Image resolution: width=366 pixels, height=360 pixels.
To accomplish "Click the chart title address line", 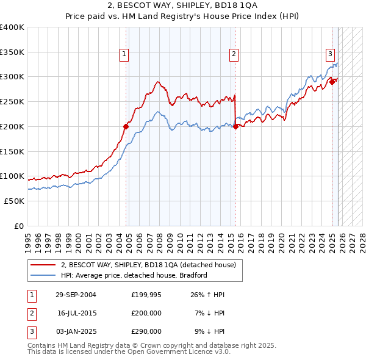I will (182, 7).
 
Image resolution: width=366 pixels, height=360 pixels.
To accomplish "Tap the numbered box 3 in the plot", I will (330, 54).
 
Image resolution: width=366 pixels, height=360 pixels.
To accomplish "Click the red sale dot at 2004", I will (126, 126).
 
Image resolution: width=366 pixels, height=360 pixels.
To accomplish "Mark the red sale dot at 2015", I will (235, 126).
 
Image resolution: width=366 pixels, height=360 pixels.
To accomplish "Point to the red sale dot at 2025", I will (332, 82).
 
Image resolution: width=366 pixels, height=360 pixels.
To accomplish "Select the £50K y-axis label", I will (15, 201).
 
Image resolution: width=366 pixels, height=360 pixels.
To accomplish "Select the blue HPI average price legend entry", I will (134, 275).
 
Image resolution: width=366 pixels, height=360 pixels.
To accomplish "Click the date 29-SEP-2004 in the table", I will (76, 295).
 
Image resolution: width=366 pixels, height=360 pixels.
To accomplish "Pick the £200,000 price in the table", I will (146, 313).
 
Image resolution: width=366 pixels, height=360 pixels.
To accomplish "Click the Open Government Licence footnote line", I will (129, 352).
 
